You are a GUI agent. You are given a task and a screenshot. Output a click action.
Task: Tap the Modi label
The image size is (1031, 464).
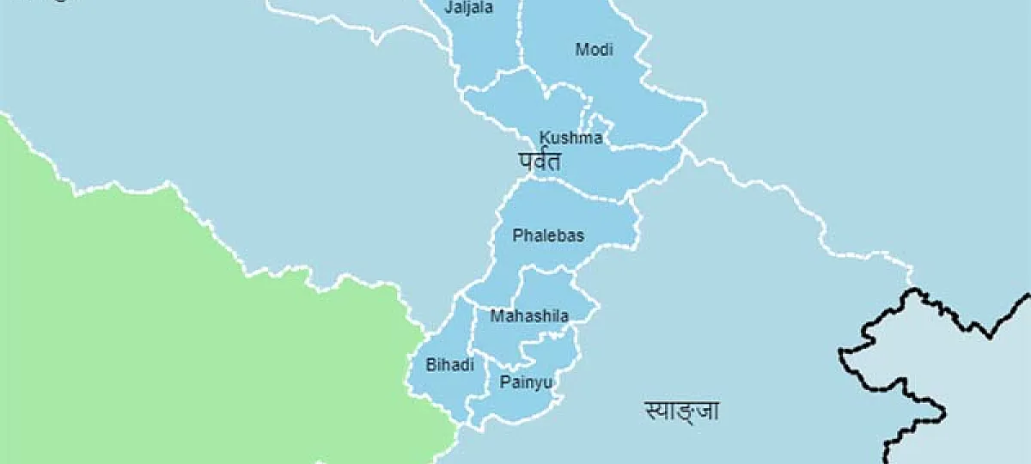(x=594, y=50)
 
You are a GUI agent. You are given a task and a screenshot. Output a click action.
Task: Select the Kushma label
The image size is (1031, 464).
(x=570, y=137)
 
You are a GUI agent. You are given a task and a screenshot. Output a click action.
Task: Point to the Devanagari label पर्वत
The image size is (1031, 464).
(x=540, y=161)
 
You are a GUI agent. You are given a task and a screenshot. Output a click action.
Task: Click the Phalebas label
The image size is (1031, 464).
(x=547, y=235)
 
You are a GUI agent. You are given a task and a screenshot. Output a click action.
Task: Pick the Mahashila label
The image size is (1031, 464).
(x=529, y=316)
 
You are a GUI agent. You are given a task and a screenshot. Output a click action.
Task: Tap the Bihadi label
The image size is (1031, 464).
(x=450, y=365)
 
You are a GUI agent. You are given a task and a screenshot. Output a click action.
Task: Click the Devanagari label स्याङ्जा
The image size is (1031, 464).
(x=681, y=411)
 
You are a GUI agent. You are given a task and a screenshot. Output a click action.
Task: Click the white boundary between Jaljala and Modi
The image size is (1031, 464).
(x=522, y=34)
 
